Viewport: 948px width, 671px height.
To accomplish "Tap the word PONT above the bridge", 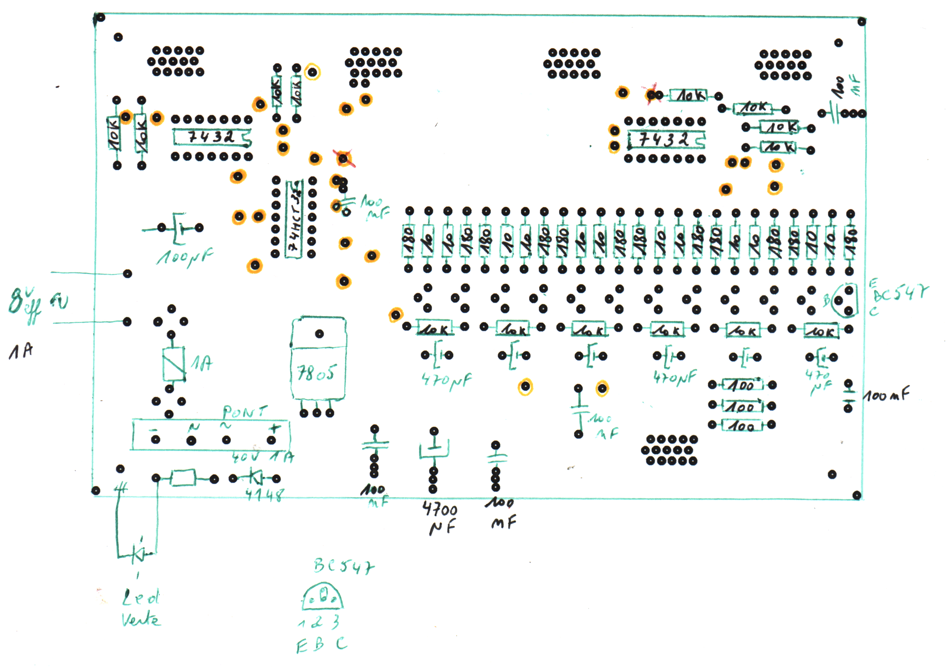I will [245, 412].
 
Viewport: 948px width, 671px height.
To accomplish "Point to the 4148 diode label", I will [265, 494].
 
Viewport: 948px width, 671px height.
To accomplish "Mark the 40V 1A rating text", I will [262, 457].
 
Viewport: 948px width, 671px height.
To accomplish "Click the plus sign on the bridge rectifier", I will [274, 428].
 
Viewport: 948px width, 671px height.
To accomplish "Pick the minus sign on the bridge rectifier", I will [153, 430].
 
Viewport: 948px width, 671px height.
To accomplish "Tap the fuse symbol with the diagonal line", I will [174, 364].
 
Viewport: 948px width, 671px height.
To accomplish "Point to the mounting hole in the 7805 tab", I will [319, 334].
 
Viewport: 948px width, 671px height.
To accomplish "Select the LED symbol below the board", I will [138, 553].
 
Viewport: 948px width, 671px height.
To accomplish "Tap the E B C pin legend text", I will [322, 645].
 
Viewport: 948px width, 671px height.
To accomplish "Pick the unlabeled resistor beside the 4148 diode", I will [183, 478].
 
